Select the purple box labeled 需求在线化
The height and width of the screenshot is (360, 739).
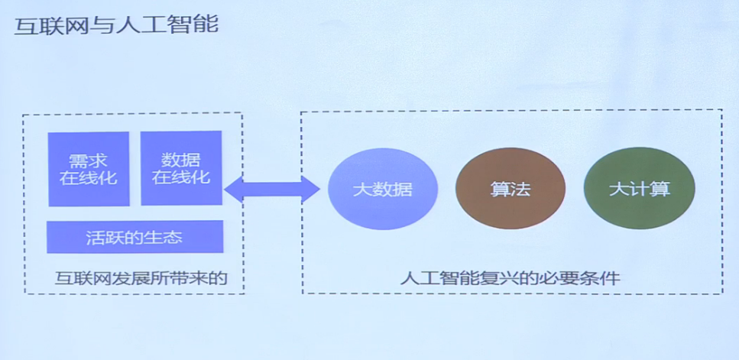coord(89,169)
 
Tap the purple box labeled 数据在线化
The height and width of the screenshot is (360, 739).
coord(181,168)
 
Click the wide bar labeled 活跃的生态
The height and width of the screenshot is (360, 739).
coord(135,237)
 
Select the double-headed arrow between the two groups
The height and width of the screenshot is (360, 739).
coord(271,189)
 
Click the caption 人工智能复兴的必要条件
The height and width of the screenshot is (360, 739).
coord(510,278)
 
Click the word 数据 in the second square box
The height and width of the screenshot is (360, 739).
coord(181,160)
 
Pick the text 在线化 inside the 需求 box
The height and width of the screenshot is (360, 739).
coord(89,178)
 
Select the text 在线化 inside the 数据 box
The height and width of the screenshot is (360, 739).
coord(181,177)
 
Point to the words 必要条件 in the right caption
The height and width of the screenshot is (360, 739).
coord(582,278)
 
